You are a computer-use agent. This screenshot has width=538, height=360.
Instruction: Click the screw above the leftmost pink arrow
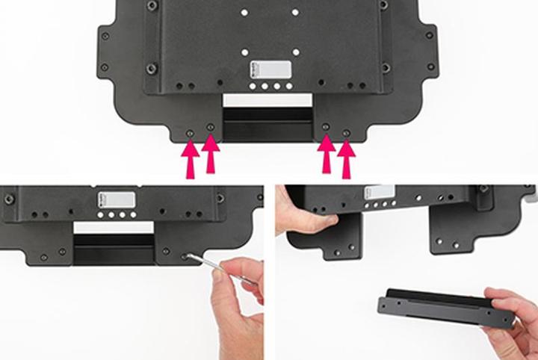click(190, 133)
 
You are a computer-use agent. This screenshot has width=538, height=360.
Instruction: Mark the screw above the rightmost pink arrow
click(346, 133)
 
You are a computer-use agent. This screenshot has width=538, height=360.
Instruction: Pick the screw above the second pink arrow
click(211, 128)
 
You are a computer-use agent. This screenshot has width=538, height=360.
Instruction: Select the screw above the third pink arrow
click(326, 128)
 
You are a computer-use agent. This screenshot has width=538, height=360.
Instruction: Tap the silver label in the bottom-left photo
click(118, 199)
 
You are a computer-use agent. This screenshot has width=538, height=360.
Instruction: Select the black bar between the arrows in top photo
click(268, 124)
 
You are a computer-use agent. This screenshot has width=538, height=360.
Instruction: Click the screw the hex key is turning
click(185, 254)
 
